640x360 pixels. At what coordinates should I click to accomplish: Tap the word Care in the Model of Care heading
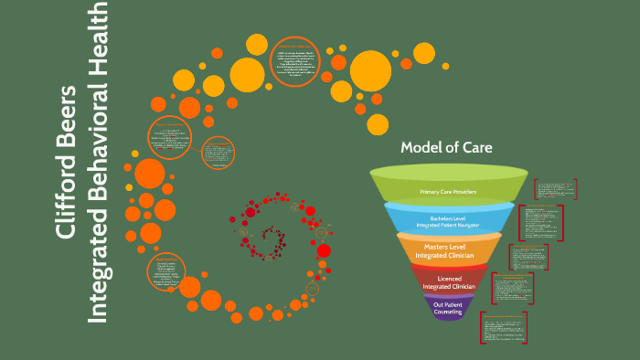475,148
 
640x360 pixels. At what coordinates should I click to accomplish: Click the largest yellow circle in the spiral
370,69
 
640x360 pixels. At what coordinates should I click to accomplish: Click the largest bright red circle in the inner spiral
322,227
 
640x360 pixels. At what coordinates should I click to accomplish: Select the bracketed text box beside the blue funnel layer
540,222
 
